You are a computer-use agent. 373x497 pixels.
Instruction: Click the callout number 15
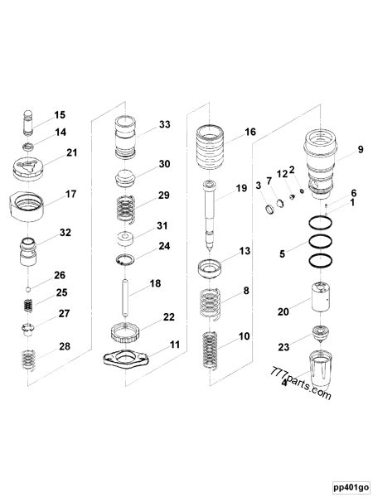(60, 115)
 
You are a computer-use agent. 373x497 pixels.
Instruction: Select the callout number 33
(165, 125)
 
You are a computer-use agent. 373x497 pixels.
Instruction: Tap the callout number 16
(250, 132)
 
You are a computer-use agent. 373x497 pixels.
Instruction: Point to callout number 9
(337, 150)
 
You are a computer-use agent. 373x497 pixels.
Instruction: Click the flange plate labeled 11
(126, 360)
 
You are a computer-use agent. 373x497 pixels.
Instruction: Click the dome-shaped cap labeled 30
(126, 178)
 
